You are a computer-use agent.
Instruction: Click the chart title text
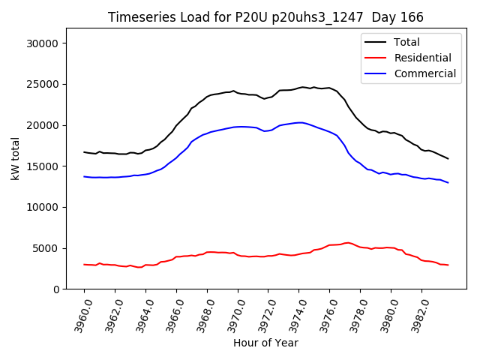tap(265, 17)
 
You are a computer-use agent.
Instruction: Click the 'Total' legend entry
tap(407, 42)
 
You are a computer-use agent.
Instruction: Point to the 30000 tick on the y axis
tap(44, 43)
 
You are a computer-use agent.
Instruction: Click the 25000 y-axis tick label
tap(44, 84)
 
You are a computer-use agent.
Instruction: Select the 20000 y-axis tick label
tap(44, 125)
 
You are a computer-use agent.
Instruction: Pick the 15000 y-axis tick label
tap(44, 166)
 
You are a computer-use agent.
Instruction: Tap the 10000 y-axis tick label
tap(44, 207)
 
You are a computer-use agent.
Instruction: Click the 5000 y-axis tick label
tap(47, 248)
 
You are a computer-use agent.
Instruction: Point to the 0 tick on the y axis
tap(56, 289)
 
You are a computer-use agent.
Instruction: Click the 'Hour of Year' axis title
tap(265, 343)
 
